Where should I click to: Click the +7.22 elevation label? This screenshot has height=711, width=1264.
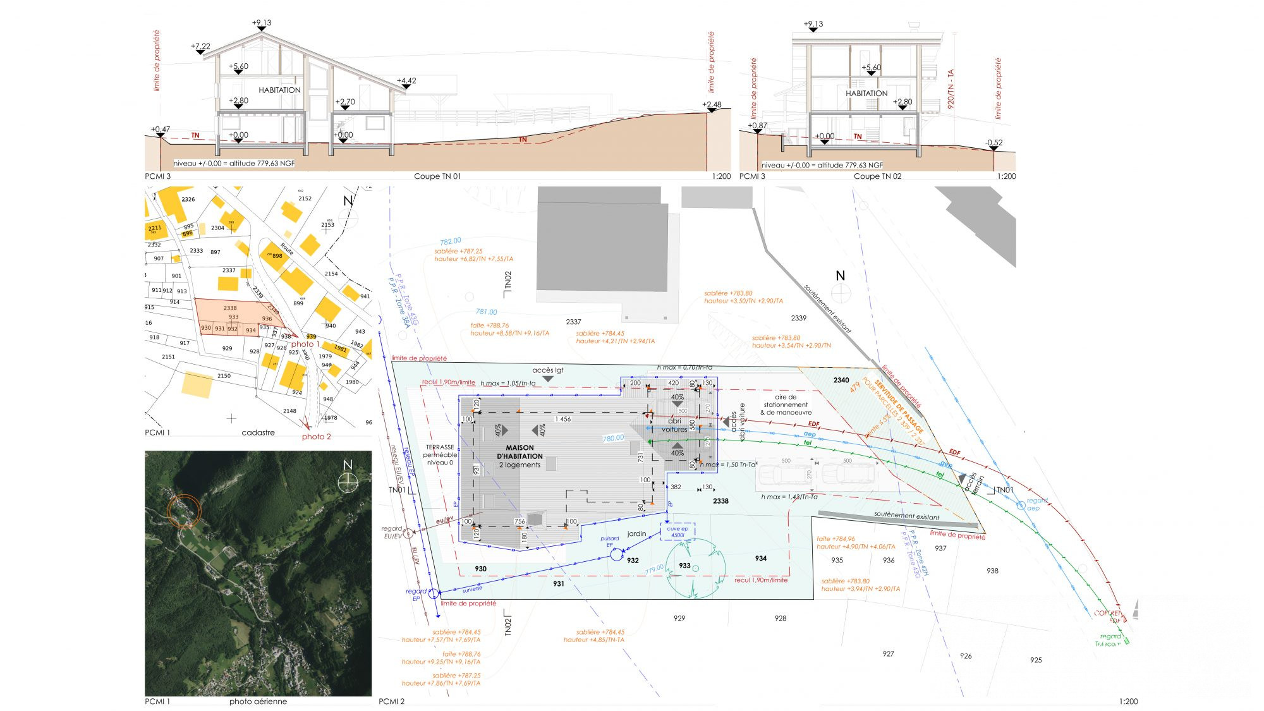(200, 46)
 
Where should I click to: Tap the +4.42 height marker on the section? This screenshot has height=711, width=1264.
(406, 81)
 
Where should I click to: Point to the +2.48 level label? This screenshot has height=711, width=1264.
(712, 105)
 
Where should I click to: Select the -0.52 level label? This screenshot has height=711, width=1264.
(994, 143)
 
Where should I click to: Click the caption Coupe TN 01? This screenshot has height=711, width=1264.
(437, 176)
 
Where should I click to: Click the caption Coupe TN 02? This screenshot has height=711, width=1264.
(877, 176)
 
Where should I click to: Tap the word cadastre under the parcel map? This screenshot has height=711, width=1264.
(258, 433)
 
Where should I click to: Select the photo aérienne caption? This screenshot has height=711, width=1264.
(258, 702)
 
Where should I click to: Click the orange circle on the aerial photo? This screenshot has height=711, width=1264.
(184, 511)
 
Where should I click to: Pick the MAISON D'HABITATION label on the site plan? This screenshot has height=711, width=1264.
(520, 452)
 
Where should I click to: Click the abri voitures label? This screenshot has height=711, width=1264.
(674, 425)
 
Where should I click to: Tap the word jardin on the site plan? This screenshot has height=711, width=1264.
(636, 534)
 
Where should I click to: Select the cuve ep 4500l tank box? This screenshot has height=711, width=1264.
(678, 532)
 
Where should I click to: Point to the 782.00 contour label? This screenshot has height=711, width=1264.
(451, 241)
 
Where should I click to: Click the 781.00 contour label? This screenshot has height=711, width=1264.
(486, 312)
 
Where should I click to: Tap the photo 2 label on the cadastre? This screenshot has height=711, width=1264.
(316, 437)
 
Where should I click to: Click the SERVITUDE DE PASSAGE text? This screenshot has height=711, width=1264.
(899, 403)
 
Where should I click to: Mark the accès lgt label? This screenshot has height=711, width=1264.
(547, 370)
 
